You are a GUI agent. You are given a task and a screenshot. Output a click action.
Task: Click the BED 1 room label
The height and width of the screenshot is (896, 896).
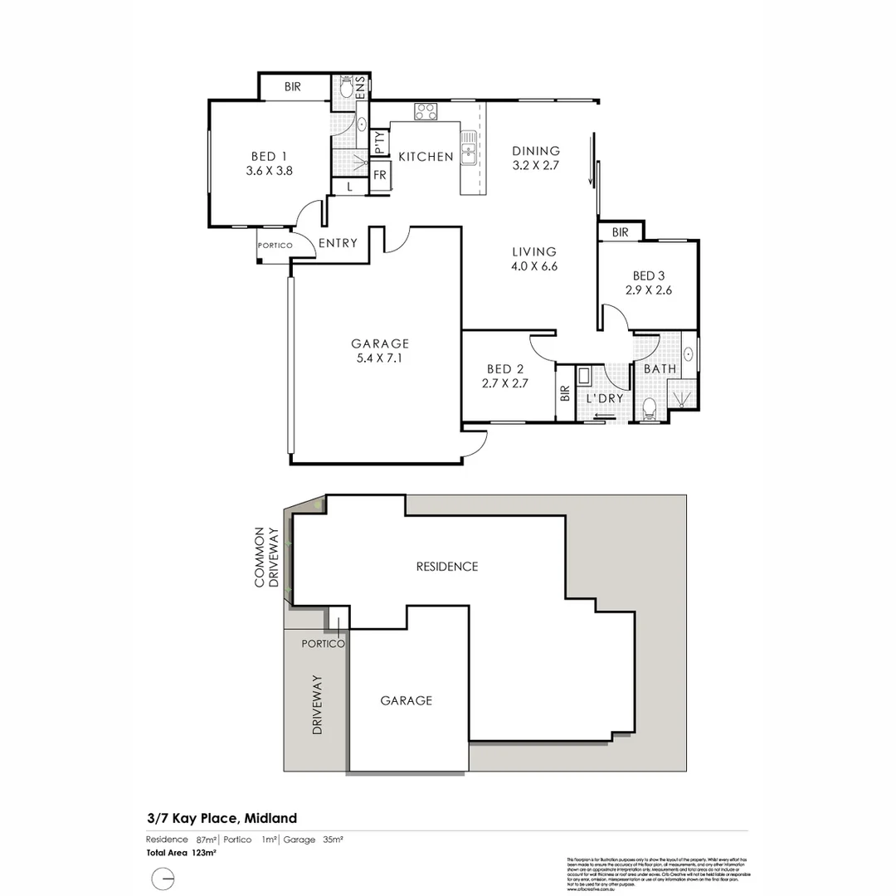tap(269, 156)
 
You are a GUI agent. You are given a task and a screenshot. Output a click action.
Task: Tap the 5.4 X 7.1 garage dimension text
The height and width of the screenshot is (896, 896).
tap(380, 358)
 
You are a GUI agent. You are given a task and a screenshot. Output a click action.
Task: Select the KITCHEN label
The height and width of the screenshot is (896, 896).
tap(426, 157)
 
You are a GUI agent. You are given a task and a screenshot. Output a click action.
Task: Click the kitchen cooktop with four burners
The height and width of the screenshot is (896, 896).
tap(426, 111)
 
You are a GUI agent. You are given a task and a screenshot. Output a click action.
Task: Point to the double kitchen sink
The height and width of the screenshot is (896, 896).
tap(469, 148)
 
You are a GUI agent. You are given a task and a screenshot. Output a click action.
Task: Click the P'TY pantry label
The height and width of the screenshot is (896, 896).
tap(380, 144)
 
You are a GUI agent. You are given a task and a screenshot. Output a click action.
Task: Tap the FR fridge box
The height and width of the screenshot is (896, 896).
tap(380, 176)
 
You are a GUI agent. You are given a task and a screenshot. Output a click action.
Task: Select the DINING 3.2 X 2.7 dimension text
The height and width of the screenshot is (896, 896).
tap(536, 166)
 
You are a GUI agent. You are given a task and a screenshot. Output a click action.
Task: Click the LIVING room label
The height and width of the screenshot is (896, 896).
tap(533, 252)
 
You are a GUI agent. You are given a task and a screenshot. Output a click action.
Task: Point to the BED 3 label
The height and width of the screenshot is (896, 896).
tap(649, 275)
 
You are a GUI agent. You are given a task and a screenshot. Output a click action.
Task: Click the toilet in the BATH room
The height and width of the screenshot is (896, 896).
tap(650, 407)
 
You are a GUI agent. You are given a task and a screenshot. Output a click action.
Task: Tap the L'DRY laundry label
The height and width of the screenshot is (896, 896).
tap(605, 398)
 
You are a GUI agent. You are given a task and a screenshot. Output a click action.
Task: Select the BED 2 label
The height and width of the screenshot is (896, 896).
tap(504, 369)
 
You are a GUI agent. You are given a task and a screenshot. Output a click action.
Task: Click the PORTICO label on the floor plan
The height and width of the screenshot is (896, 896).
tap(274, 246)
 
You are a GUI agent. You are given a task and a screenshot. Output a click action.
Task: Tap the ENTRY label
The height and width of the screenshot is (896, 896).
tap(338, 243)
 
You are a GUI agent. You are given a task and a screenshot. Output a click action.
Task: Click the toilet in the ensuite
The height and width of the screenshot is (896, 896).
tap(346, 87)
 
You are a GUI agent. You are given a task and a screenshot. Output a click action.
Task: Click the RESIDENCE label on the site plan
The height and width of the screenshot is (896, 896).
tap(447, 567)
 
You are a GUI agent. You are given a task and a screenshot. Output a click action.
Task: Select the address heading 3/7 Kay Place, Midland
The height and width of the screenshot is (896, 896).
tap(222, 818)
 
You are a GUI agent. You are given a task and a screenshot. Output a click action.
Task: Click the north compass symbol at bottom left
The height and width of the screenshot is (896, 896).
tap(163, 877)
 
